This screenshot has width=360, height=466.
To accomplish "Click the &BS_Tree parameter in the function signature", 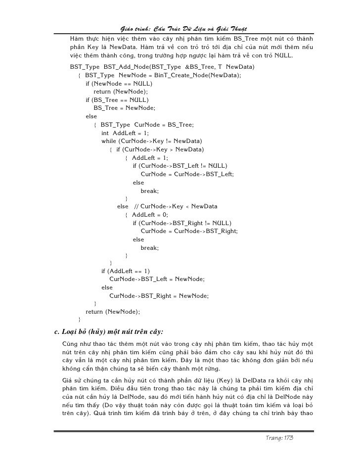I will click(202, 66).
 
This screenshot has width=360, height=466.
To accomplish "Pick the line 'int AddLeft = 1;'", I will click(125, 133).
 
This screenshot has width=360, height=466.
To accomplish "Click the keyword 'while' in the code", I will click(109, 141).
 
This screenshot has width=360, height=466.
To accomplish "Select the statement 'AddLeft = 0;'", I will click(150, 215).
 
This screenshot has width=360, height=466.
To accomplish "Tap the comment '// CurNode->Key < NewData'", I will click(176, 206).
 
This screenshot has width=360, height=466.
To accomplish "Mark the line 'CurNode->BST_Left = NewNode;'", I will click(157, 280).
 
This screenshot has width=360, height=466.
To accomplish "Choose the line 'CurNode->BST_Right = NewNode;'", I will click(159, 296).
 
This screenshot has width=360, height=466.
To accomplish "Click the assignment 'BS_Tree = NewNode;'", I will click(124, 108).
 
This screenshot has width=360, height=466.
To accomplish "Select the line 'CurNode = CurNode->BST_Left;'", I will click(187, 174).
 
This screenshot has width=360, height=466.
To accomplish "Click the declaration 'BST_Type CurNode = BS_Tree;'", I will click(147, 125).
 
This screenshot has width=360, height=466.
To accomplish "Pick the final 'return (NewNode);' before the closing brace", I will click(113, 312).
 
